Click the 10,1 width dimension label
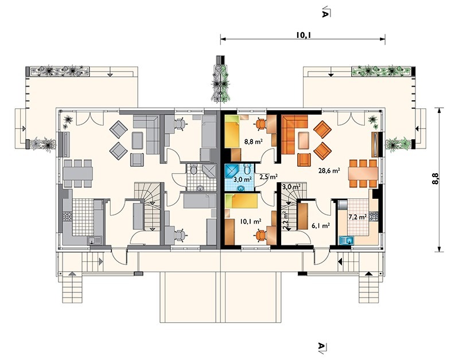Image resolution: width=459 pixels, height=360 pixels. coord(303,36)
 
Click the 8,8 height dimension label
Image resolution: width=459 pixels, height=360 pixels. coord(435,178)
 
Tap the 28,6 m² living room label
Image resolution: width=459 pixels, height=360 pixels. coord(329,170)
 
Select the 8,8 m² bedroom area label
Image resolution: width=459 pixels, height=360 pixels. coord(253,142)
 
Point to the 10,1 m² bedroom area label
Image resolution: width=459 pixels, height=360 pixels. coord(251,221)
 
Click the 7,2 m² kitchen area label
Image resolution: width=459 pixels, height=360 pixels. coord(357,217)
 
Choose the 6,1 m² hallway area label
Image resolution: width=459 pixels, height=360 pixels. coord(321,225)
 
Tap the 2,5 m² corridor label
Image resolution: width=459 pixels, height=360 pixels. coord(269,177)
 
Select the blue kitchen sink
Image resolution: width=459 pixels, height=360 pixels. coord(347,240)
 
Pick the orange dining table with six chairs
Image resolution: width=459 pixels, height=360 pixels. coord(363,174)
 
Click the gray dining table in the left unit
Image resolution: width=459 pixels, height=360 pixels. coord(77,173)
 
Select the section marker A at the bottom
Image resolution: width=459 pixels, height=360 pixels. coord(322,347)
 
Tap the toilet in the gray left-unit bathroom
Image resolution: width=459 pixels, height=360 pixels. coord(194,169)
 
